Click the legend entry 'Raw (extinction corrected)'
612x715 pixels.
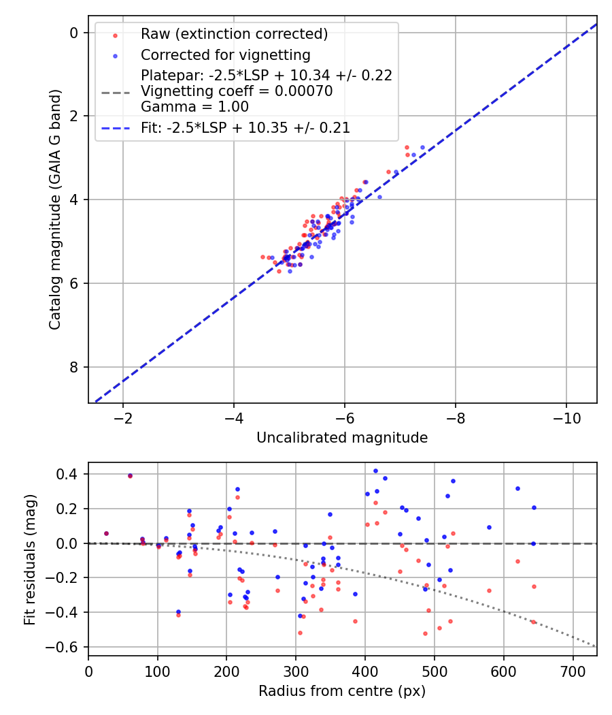tap(234, 34)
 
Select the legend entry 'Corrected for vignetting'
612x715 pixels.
tap(225, 55)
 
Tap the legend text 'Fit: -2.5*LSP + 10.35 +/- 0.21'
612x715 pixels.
tap(245, 127)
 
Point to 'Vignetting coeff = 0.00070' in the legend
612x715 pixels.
tap(236, 91)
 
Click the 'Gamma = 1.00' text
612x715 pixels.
tap(194, 107)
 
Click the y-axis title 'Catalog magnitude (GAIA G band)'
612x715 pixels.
tap(56, 210)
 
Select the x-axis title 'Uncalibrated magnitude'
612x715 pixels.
tap(342, 438)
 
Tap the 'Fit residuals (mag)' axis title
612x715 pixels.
tap(29, 559)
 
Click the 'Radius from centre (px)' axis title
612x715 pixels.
tap(342, 690)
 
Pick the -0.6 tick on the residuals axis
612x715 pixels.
tap(69, 647)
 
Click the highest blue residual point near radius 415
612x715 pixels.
tap(375, 471)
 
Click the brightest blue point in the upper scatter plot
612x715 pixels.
tap(422, 147)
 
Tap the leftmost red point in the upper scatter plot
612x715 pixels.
tap(262, 257)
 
